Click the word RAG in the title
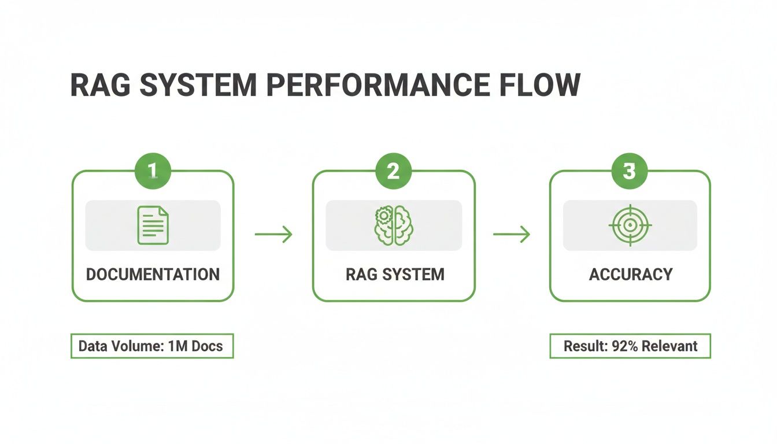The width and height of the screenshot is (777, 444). point(102,86)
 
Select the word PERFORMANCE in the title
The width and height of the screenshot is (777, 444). point(376,86)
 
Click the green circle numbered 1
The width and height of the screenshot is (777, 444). point(153,171)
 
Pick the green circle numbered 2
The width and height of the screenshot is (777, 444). point(393,171)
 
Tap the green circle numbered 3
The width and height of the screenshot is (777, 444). point(630,171)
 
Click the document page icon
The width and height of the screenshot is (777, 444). point(153,225)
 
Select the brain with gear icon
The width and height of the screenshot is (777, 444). point(393,225)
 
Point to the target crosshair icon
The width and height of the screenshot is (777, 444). point(630,225)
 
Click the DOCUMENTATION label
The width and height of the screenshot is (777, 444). point(153,274)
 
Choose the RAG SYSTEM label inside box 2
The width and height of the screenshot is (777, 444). point(395,274)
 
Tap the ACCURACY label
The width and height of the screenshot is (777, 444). point(630,274)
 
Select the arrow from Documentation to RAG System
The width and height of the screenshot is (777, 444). point(273,234)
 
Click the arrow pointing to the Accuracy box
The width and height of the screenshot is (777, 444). point(511,234)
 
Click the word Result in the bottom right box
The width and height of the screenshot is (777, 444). point(583,346)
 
